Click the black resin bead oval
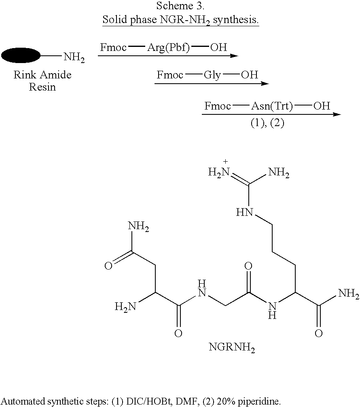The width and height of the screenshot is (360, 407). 21,55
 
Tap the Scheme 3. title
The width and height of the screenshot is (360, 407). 180,6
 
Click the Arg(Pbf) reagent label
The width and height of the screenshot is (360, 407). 168,48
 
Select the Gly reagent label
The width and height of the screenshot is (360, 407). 212,75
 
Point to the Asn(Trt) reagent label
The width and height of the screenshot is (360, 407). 272,106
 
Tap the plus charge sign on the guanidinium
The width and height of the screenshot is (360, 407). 225,162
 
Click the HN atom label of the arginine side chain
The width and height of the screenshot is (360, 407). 244,212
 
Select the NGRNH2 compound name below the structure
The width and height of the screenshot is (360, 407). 232,347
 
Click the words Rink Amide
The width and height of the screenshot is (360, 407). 42,75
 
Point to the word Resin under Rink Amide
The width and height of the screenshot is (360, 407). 42,87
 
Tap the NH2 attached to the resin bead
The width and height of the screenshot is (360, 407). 74,57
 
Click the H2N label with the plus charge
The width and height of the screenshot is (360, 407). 219,172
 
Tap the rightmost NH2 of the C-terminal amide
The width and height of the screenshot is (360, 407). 349,293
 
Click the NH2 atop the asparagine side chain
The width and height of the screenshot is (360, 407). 138,226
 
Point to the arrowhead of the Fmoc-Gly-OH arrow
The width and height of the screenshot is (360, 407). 265,84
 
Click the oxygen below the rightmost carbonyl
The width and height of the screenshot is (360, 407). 319,333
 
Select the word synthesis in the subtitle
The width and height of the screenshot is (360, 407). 236,20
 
